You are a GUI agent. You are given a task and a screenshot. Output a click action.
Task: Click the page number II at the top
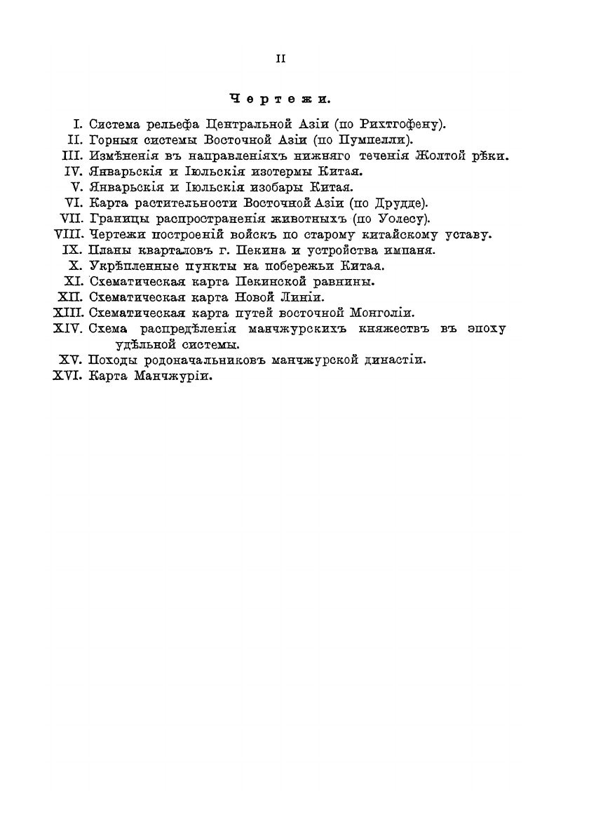pos(280,60)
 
